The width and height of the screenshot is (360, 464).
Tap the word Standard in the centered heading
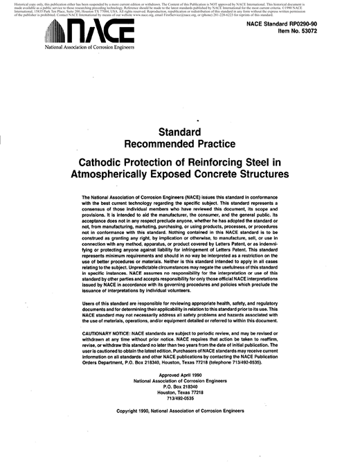(179, 131)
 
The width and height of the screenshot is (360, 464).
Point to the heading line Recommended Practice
(179, 143)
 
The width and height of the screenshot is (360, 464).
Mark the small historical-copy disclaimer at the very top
(179, 9)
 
